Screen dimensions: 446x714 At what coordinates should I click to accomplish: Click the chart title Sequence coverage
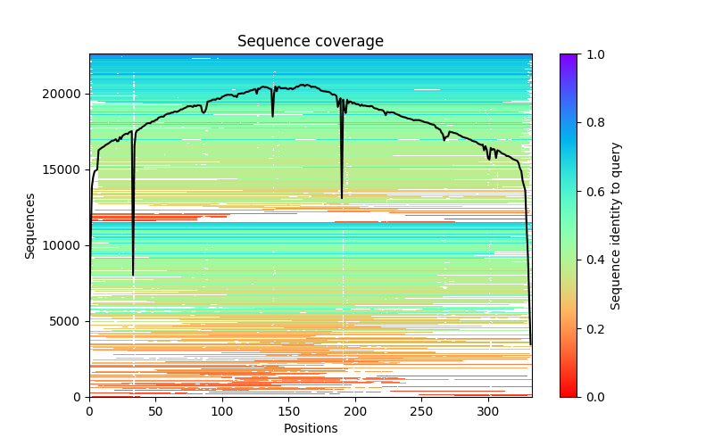311,42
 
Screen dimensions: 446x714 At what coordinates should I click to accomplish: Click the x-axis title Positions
311,428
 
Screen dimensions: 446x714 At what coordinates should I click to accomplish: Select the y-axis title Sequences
30,226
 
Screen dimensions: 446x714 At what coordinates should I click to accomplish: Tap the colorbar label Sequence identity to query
616,226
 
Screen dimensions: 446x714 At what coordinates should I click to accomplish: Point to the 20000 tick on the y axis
65,94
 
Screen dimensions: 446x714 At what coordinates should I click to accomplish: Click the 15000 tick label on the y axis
65,169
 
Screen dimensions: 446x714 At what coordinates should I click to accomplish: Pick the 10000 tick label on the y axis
65,245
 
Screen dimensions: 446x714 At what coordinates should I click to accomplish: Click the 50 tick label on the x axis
155,411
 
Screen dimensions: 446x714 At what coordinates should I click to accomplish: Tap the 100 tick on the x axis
222,411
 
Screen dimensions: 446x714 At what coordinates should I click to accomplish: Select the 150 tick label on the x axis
288,411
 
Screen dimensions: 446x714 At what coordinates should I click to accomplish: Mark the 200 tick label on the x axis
355,411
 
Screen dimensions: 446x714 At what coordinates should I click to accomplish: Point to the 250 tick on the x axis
421,411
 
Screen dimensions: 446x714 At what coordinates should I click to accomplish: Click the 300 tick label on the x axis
488,411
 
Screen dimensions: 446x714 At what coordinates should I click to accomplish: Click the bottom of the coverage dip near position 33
133,275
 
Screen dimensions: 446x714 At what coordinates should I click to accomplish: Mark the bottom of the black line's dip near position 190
342,197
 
